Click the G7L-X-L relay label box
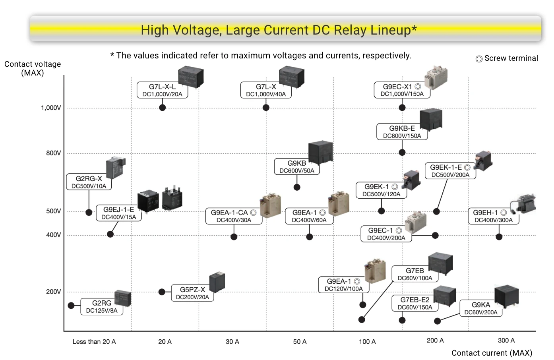[162, 90]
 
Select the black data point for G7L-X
[266, 107]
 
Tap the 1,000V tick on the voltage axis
[51, 108]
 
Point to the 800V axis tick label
[53, 153]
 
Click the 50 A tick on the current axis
[300, 341]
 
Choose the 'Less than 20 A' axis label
[94, 341]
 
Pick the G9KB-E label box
[402, 132]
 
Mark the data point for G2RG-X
[89, 212]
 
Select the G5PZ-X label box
[192, 293]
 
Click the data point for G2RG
[71, 306]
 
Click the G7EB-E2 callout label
[415, 303]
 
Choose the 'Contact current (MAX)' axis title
[492, 353]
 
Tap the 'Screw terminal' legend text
[511, 58]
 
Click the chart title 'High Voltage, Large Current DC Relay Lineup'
[279, 30]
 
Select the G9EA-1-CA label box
[234, 216]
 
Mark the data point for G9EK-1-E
[436, 211]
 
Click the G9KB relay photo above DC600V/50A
[320, 152]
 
